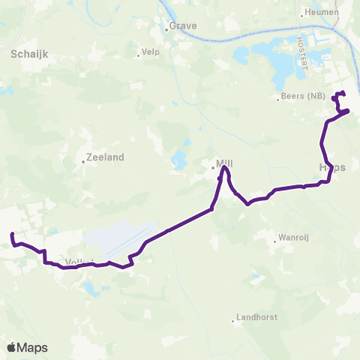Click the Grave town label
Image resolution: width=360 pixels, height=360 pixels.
(x=184, y=25)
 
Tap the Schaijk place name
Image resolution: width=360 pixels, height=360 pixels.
(x=29, y=54)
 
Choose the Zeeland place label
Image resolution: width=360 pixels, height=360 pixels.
(x=105, y=158)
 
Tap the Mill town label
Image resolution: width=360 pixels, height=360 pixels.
(x=225, y=162)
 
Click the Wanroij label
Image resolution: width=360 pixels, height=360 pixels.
(x=293, y=237)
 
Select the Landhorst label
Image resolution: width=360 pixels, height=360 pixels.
(x=256, y=317)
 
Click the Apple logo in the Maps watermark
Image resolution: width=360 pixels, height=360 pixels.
(x=12, y=347)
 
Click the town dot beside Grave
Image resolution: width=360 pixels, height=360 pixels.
(x=168, y=31)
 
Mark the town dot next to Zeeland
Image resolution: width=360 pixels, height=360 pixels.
(x=84, y=160)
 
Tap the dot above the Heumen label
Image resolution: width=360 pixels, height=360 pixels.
(x=301, y=14)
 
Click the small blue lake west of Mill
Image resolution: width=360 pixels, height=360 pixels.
(x=178, y=159)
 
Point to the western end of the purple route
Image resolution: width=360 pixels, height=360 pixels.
(x=13, y=235)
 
